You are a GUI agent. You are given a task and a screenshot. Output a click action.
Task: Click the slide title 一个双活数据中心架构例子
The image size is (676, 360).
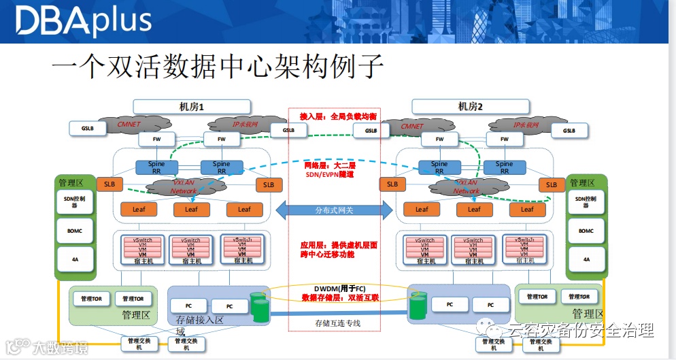click(x=218, y=69)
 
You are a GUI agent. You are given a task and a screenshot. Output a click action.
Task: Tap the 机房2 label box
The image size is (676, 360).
click(x=470, y=106)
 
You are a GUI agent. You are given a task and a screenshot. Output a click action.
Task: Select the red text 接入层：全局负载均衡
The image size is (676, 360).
click(x=333, y=117)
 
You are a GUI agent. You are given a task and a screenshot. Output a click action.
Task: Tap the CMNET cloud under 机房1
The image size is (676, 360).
click(x=129, y=125)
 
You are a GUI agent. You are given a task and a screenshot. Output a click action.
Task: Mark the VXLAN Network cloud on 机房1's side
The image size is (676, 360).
click(x=183, y=187)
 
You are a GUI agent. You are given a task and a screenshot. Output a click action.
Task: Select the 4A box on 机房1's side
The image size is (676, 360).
click(x=74, y=259)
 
